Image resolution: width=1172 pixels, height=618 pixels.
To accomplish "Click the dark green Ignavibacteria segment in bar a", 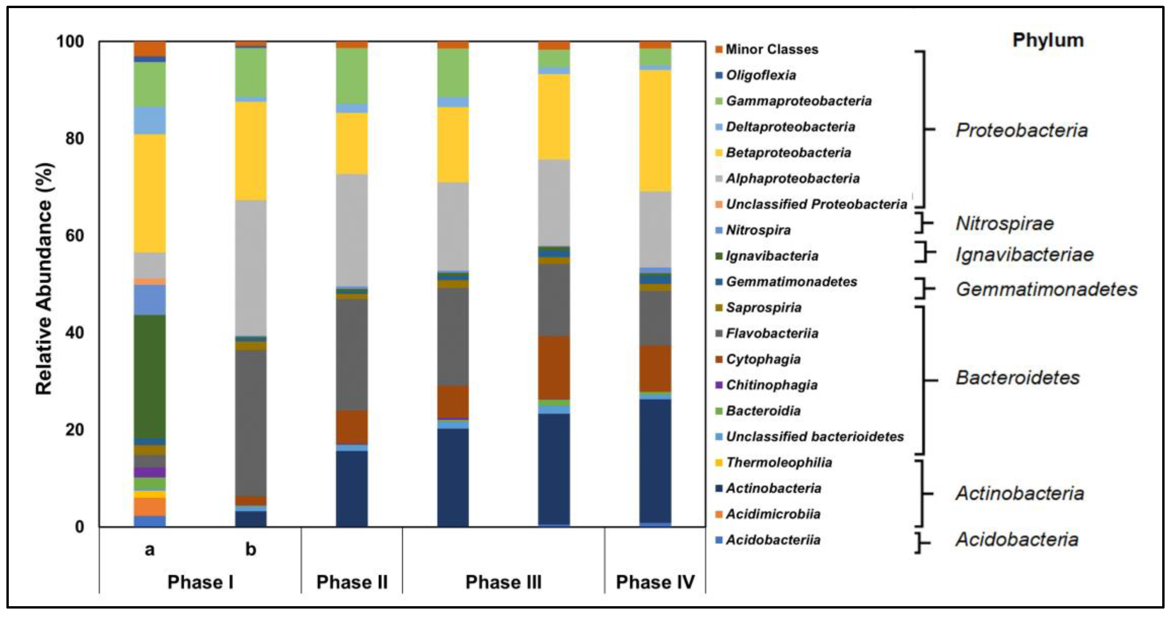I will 150,377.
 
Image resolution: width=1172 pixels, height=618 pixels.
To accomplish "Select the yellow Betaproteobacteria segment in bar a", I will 150,193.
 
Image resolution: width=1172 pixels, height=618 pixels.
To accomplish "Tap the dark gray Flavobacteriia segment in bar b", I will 251,423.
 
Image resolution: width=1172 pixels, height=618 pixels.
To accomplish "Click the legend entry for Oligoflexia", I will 761,75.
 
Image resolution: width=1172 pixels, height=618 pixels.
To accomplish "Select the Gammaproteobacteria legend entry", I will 798,101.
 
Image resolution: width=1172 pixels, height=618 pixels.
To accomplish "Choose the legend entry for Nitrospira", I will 758,230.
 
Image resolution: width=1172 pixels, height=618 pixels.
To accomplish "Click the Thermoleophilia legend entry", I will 779,462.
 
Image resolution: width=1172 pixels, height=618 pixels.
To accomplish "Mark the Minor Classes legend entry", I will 772,49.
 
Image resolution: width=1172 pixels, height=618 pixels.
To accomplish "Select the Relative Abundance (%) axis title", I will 44,278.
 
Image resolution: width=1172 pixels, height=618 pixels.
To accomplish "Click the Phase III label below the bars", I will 503,582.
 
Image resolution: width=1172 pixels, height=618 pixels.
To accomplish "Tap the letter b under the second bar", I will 251,549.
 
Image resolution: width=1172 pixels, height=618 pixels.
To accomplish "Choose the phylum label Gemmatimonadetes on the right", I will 1046,289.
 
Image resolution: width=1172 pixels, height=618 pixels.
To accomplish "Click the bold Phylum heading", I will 1048,40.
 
